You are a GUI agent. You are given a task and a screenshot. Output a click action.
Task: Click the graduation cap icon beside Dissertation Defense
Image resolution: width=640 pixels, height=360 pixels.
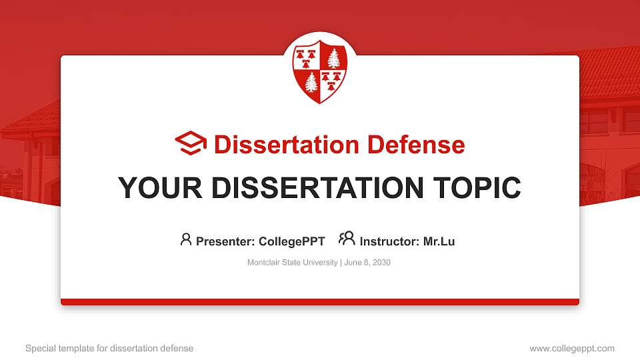191,144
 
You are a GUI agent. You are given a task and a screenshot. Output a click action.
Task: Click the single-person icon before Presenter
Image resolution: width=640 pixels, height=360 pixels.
186,239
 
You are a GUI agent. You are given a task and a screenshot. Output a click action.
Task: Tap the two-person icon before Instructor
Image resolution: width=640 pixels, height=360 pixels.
347,239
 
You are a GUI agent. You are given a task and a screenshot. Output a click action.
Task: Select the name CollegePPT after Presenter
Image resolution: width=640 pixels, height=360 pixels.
292,241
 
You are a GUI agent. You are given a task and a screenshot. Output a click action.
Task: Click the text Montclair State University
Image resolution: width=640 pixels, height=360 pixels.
292,263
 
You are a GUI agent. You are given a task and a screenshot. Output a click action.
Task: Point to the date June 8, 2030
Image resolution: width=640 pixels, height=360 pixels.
367,263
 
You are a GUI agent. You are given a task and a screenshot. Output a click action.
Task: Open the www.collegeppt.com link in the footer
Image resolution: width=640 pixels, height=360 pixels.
572,348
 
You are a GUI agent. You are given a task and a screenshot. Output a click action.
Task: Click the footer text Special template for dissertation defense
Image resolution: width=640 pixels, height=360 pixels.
109,348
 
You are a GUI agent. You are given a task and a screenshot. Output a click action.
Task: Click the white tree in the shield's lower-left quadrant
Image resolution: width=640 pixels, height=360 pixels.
311,83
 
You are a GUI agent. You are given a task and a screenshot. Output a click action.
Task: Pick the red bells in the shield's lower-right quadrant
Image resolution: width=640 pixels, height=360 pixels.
331,81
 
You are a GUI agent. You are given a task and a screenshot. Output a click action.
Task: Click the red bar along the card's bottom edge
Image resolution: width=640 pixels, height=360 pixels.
320,302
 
